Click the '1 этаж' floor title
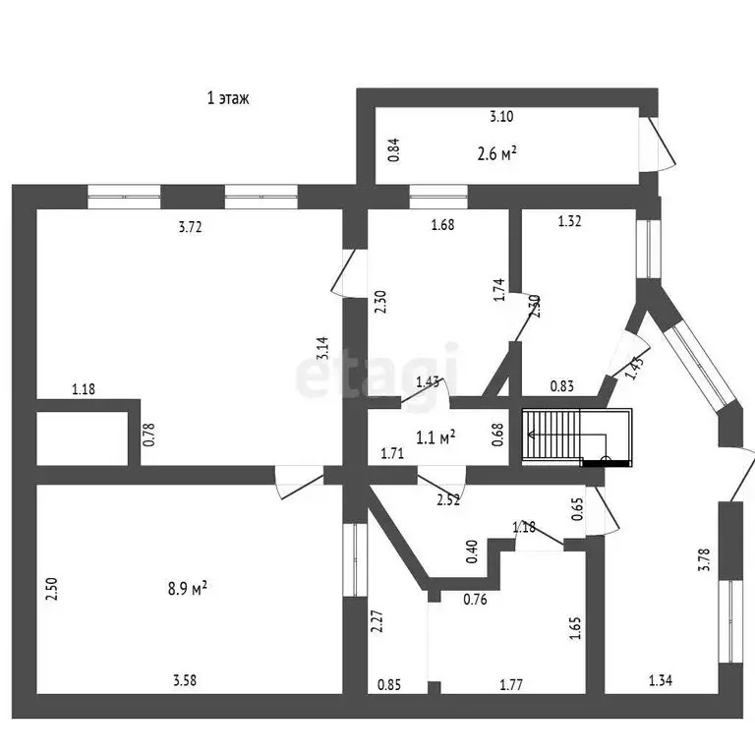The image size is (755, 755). tap(228, 98)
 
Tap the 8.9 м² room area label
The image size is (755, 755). tap(188, 588)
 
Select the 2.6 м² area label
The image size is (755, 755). tap(496, 154)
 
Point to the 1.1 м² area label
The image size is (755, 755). tap(436, 437)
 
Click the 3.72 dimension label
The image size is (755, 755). tap(190, 226)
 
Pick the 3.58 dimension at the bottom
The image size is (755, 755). tap(185, 680)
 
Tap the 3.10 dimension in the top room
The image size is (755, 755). tap(501, 116)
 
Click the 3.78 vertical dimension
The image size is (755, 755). tap(704, 559)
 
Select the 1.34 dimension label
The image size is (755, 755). tap(661, 680)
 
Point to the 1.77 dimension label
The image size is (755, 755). tap(511, 684)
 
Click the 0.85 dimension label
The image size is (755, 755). tap(389, 684)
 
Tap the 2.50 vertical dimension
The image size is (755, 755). tap(51, 589)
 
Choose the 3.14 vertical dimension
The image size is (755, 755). tap(322, 348)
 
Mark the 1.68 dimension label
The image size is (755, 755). tap(442, 225)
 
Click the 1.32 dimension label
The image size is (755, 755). tap(569, 221)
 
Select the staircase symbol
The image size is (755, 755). tap(577, 437)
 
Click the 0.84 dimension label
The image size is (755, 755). tap(394, 149)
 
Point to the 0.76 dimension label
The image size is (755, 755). tap(475, 600)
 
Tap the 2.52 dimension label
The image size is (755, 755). tap(448, 499)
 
